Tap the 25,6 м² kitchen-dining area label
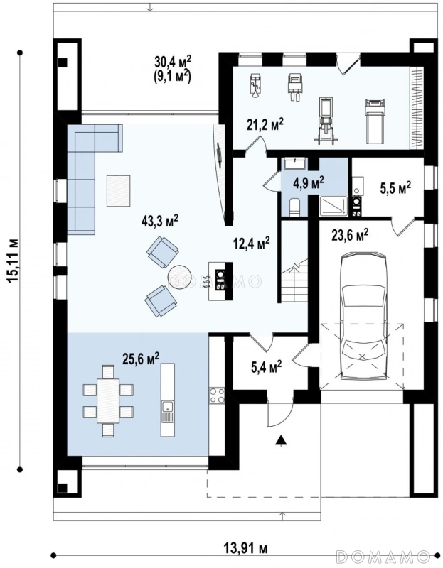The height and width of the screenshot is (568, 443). tap(142, 359)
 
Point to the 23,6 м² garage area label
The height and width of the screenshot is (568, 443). tap(350, 236)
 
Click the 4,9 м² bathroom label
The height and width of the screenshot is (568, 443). tap(309, 183)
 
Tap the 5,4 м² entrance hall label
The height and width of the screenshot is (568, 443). tap(267, 368)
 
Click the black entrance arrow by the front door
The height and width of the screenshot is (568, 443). tap(279, 440)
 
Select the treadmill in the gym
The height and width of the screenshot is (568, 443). tap(375, 121)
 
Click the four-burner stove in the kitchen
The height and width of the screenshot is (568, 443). tap(216, 395)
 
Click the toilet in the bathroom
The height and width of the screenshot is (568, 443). tap(294, 207)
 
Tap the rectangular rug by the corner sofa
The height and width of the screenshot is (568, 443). tap(118, 190)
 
